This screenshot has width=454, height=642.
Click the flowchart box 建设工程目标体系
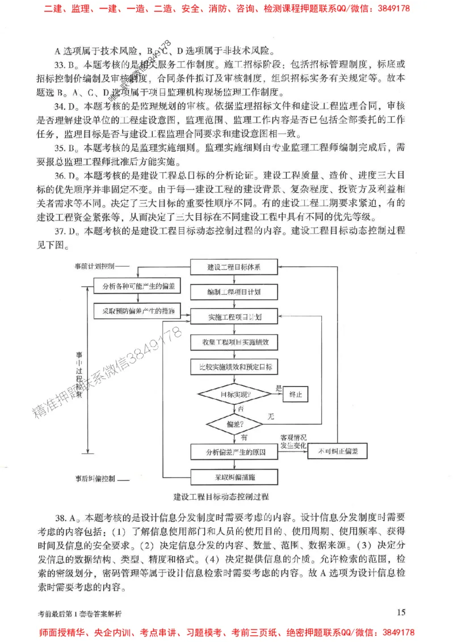233,267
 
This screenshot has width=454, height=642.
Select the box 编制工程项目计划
233,292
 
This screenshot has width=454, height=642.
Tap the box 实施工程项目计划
233,316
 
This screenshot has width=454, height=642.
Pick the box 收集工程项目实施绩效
233,342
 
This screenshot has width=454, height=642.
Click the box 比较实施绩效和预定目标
233,367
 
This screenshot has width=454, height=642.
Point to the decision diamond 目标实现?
234,394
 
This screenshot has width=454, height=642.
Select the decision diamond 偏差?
234,424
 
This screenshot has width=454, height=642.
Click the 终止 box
295,394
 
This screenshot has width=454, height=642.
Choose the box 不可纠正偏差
338,451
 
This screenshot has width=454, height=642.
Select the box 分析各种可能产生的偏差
137,286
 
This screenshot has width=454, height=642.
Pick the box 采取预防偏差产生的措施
137,311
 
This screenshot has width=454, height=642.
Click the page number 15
401,611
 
